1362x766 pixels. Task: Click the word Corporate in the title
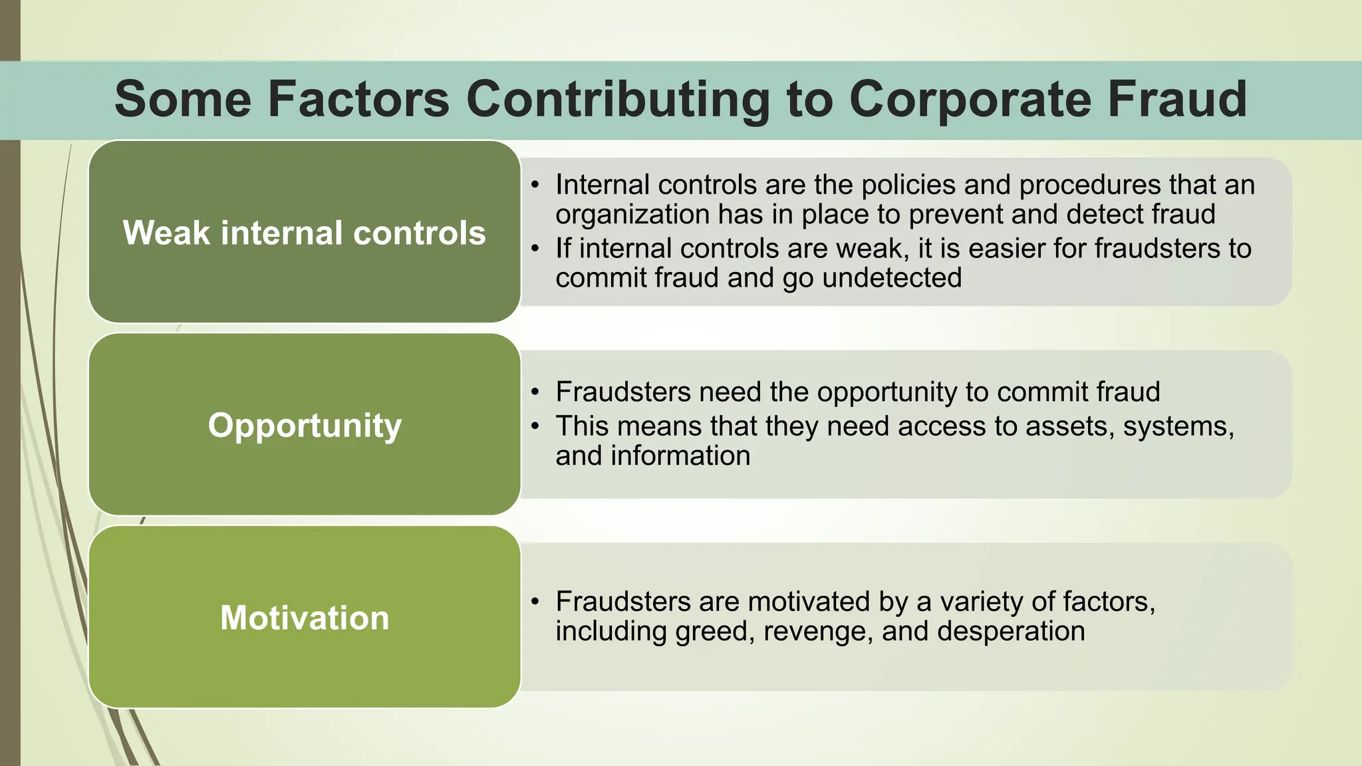click(970, 100)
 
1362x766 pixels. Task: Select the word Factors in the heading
click(358, 100)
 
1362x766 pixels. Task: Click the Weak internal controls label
click(305, 233)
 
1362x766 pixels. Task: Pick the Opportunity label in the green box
click(305, 426)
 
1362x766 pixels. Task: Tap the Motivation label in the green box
click(305, 618)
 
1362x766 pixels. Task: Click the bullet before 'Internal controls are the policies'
click(535, 185)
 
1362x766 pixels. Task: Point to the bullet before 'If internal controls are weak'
click(535, 249)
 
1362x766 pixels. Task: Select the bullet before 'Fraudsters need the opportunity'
click(535, 392)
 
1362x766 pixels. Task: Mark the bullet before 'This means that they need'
click(535, 426)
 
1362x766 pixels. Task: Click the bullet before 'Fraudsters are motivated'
click(535, 602)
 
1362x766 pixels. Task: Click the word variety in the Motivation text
click(981, 602)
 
